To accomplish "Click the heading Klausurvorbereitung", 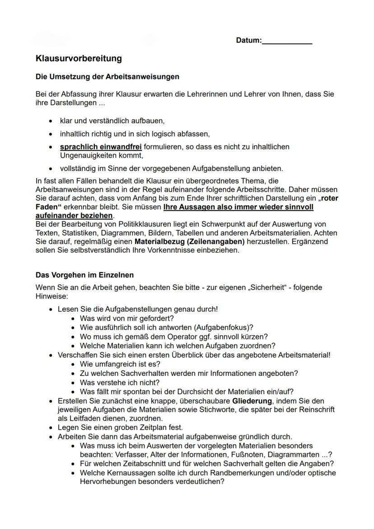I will pyautogui.click(x=79, y=59).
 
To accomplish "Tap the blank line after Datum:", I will pyautogui.click(x=287, y=41).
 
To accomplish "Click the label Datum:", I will pyautogui.click(x=248, y=41).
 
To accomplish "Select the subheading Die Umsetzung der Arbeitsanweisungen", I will pyautogui.click(x=108, y=77).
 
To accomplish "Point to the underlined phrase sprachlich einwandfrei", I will pyautogui.click(x=101, y=147).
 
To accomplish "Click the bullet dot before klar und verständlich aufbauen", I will pyautogui.click(x=49, y=122).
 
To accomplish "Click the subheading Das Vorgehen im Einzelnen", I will pyautogui.click(x=84, y=275).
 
